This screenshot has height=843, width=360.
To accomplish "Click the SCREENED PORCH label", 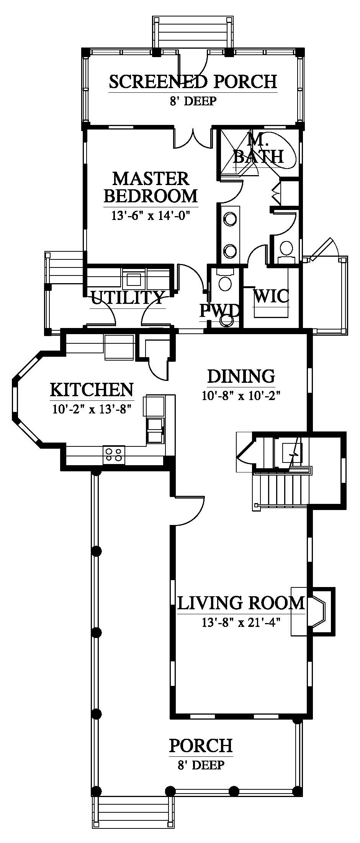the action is pyautogui.click(x=193, y=81).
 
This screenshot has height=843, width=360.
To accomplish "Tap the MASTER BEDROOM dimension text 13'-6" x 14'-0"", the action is pyautogui.click(x=151, y=216).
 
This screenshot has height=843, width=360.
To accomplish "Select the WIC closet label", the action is pyautogui.click(x=272, y=296).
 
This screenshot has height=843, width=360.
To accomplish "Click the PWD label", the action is pyautogui.click(x=219, y=311).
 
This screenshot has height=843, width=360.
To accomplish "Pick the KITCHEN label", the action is pyautogui.click(x=92, y=390).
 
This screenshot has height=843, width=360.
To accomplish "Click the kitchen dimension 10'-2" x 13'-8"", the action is pyautogui.click(x=92, y=410).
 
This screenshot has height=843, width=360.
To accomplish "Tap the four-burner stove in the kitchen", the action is pyautogui.click(x=114, y=454).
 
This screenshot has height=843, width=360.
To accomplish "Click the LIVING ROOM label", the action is pyautogui.click(x=241, y=603).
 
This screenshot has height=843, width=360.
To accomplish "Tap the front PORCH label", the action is pyautogui.click(x=201, y=745).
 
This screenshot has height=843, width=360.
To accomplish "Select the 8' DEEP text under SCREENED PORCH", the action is pyautogui.click(x=193, y=101).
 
